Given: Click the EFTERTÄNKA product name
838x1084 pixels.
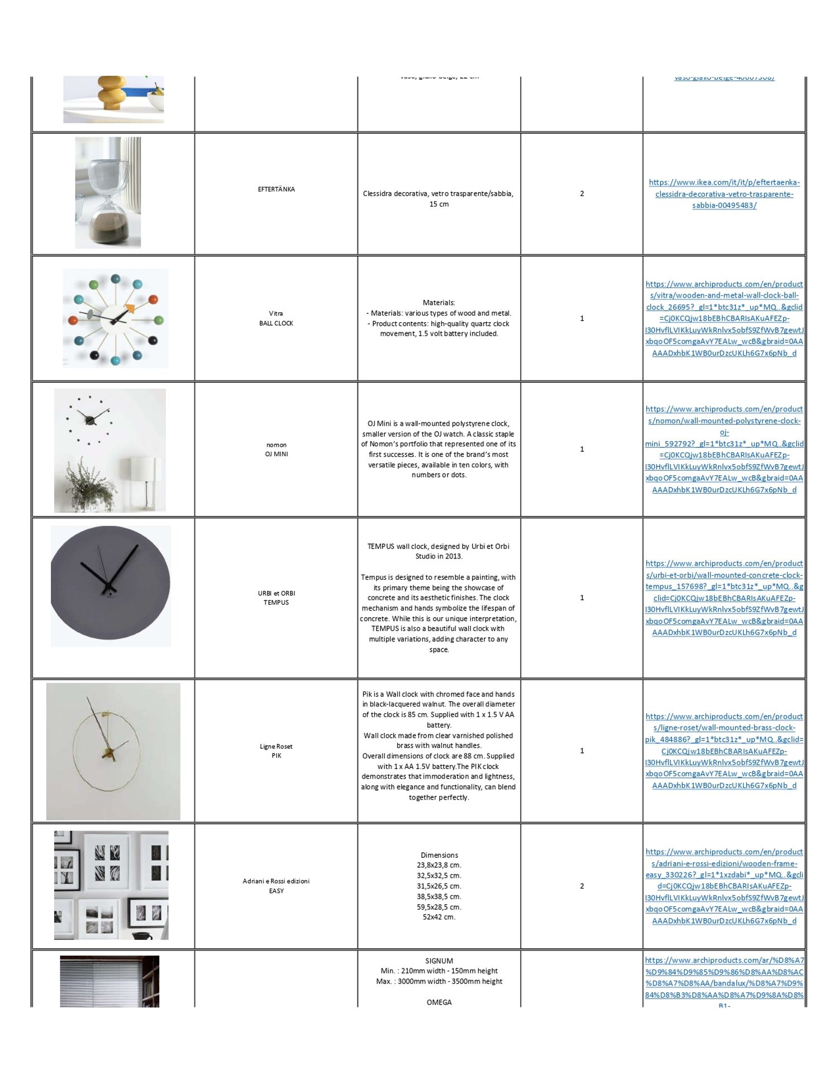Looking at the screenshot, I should click(x=276, y=189).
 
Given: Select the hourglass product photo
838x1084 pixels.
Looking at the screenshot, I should click(x=108, y=193).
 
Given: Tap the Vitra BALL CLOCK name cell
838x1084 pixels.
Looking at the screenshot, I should click(x=276, y=318).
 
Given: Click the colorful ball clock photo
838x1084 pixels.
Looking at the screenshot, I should click(x=115, y=318).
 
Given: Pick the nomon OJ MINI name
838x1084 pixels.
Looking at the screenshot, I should click(x=276, y=450).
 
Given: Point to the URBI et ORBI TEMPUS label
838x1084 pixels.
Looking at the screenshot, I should click(x=276, y=598).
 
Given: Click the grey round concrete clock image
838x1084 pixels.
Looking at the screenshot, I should click(x=111, y=586).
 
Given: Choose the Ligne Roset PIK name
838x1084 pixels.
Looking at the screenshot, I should click(x=276, y=751).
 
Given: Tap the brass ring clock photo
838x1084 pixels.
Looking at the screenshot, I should click(x=113, y=751).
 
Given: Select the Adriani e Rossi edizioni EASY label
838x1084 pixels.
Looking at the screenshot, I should click(x=276, y=886).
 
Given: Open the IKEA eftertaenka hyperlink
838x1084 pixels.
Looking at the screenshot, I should click(x=724, y=194).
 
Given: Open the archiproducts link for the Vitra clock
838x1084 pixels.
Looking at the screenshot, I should click(x=724, y=318).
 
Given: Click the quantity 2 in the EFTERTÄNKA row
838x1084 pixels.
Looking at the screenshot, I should click(x=582, y=194).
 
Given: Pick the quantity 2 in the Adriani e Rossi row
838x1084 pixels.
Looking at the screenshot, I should click(x=582, y=886).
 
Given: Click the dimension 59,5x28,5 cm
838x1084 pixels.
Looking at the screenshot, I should click(x=439, y=907).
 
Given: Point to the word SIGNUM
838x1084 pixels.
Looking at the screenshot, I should click(x=439, y=961).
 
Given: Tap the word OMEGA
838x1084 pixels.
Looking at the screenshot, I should click(x=439, y=1002).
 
